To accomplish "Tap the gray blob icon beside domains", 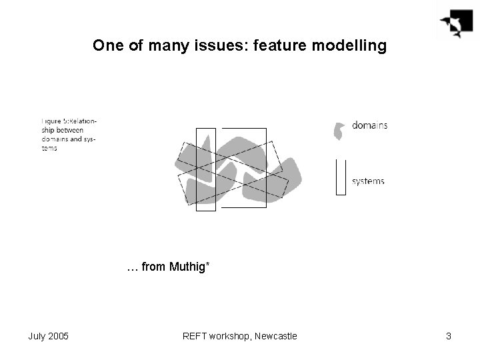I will [340, 131].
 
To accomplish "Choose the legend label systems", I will [367, 181].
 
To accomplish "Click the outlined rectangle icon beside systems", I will [341, 177].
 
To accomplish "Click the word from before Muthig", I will [153, 267].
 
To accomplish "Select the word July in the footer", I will [37, 336].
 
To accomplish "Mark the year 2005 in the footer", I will [59, 336].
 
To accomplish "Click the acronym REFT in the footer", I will [195, 336].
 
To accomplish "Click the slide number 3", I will [449, 336].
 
